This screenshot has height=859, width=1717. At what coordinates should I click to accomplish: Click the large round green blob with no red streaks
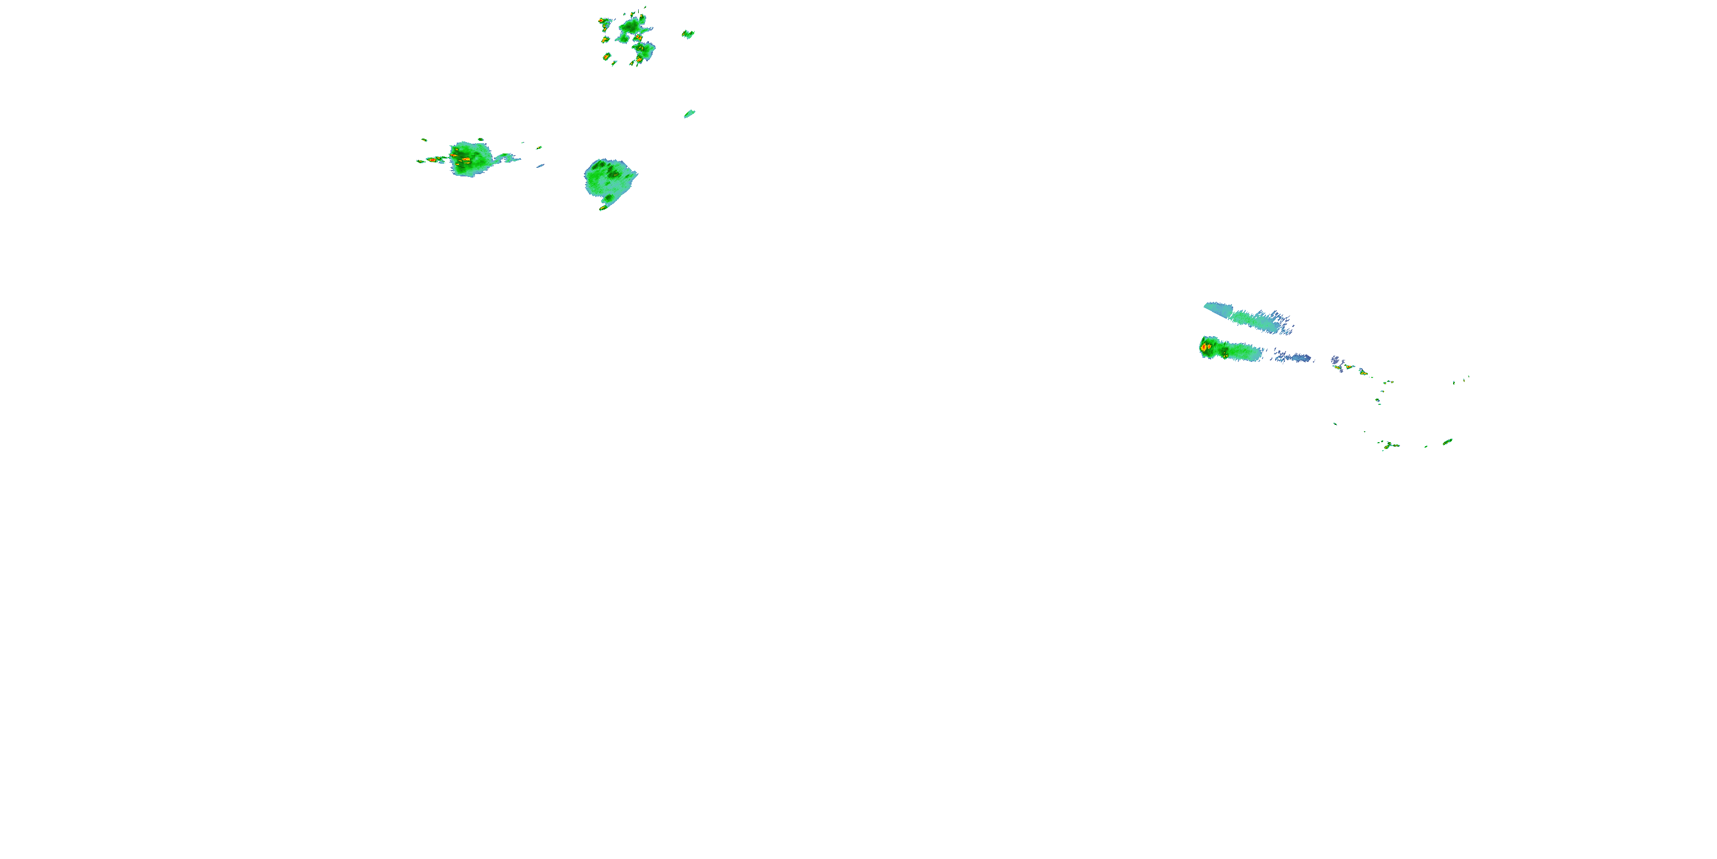pos(609,179)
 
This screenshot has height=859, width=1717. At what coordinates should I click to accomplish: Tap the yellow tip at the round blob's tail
pos(603,208)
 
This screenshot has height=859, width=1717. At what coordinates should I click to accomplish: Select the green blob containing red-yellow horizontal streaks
pos(471,159)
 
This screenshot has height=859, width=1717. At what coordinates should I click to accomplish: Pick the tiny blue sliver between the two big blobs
pos(540,166)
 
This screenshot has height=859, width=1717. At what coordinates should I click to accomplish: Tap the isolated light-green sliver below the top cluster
pos(689,113)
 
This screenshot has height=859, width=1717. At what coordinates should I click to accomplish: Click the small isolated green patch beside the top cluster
pos(688,34)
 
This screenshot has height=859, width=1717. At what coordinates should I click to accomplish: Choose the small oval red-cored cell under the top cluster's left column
pos(607,57)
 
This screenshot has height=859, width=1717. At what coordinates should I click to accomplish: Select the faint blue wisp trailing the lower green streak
pos(1293,358)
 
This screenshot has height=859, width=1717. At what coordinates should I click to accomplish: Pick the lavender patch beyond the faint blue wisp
pos(1336,361)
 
